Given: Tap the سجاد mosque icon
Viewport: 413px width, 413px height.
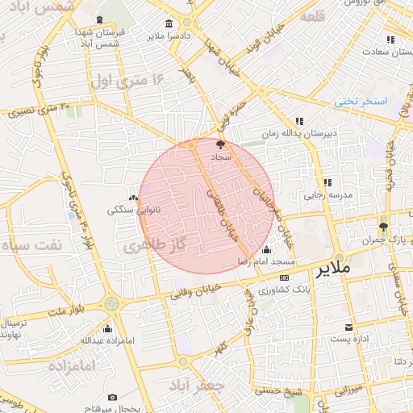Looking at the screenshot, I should coord(221,144).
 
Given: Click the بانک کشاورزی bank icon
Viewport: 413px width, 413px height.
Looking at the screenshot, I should coord(283,277).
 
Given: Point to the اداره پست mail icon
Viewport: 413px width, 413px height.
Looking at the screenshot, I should coord(348,327).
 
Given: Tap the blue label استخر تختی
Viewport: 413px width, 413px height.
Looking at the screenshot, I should coord(361,102).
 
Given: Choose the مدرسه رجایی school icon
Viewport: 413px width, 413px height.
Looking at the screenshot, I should coord(327,182).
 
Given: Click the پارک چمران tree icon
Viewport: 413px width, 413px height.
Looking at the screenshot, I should coord(383,227).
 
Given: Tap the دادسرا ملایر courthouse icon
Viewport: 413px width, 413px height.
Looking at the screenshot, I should coord(168,23).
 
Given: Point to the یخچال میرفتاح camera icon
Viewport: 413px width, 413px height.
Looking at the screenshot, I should coord(112,397).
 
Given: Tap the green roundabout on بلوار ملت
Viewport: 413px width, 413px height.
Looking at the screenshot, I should coord(111,304).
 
